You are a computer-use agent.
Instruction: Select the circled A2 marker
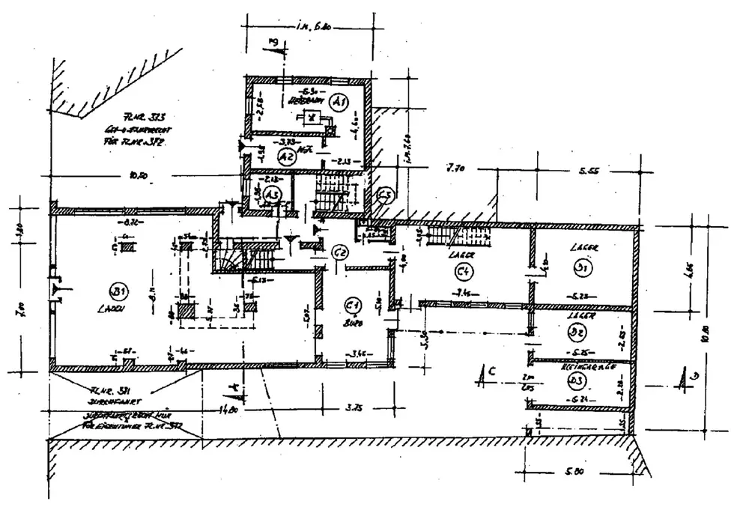click(285, 157)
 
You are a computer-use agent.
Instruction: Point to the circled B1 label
click(117, 291)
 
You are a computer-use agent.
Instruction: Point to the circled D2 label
click(577, 330)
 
